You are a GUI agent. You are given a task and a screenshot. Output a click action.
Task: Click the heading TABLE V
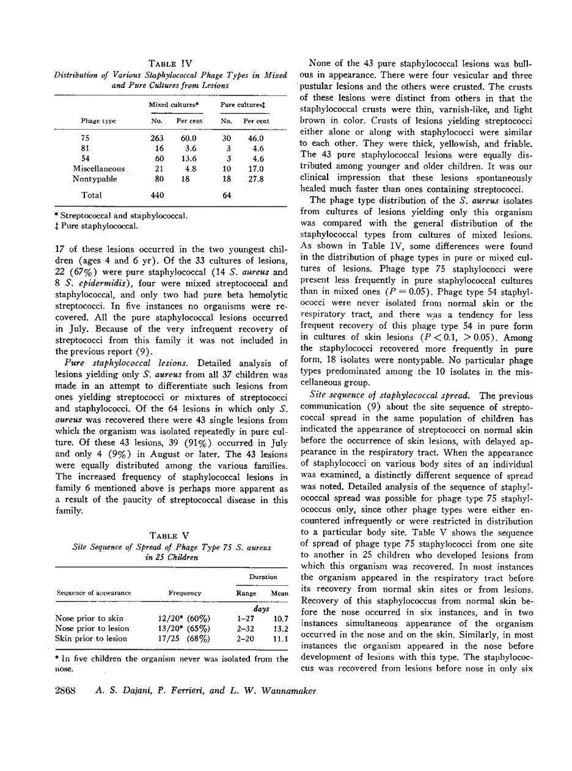pos(172,536)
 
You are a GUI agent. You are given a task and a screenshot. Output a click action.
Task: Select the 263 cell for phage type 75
pos(157,138)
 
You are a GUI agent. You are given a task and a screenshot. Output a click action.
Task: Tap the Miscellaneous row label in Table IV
pos(98,169)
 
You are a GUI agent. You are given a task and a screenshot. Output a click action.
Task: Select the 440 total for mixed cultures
pos(157,196)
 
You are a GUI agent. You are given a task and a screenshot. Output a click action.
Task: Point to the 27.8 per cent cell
pos(254,179)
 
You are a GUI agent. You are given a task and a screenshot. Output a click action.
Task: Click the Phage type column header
pos(98,121)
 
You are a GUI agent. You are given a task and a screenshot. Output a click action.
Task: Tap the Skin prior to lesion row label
pos(91,639)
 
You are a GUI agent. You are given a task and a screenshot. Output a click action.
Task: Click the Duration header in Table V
pos(263,577)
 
